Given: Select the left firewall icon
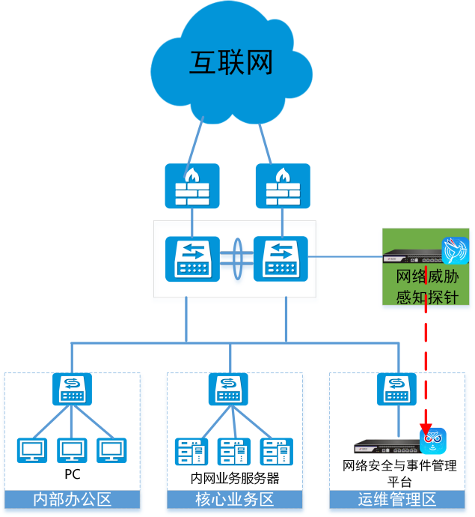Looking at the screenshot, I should (192, 186).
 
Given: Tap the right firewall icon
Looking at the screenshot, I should (282, 186).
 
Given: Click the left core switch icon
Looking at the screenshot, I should (192, 258).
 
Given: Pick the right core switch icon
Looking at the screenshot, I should (281, 258).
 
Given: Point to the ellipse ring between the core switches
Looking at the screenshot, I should (237, 258).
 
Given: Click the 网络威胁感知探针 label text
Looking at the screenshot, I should (426, 287).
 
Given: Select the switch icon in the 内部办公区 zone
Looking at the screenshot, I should (73, 389).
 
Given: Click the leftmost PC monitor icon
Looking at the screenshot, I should (32, 450).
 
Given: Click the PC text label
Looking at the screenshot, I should (73, 474).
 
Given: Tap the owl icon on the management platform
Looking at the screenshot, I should (433, 440).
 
